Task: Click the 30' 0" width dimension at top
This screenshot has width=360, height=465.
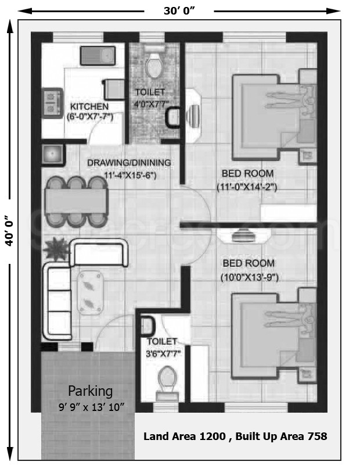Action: [179, 10]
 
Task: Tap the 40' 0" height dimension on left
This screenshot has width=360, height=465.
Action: [9, 231]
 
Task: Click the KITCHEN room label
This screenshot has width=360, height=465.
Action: [89, 106]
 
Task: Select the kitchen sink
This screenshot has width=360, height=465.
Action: [98, 55]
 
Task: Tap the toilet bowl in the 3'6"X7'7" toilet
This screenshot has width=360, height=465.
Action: [167, 378]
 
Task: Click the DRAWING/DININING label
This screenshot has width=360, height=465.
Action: [129, 163]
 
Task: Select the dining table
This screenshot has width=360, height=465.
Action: [76, 202]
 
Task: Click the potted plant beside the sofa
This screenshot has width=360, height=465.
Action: [56, 249]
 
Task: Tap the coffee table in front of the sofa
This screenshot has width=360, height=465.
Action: [91, 294]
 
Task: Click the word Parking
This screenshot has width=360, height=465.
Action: [91, 391]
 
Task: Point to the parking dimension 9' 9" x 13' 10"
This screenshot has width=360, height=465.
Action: [92, 407]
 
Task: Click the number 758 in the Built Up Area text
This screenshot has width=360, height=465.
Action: [318, 436]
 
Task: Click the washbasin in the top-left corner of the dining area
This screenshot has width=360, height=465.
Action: [52, 154]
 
